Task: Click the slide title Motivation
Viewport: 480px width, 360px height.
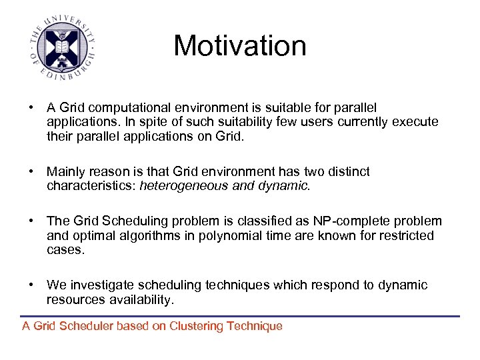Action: (240, 46)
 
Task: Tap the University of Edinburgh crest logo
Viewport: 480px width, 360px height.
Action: (61, 47)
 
